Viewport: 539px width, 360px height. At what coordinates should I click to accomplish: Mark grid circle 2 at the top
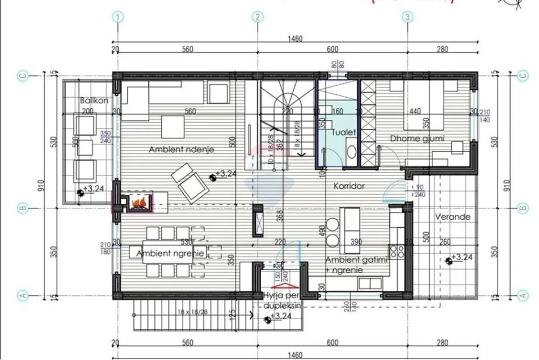point(258,16)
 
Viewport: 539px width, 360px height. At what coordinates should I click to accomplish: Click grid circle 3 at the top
point(407,16)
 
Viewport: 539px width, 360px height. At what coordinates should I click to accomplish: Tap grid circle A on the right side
point(523,295)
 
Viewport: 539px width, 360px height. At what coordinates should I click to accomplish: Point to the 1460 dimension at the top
point(294,39)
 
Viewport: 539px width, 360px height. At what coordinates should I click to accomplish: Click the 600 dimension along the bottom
point(332,342)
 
